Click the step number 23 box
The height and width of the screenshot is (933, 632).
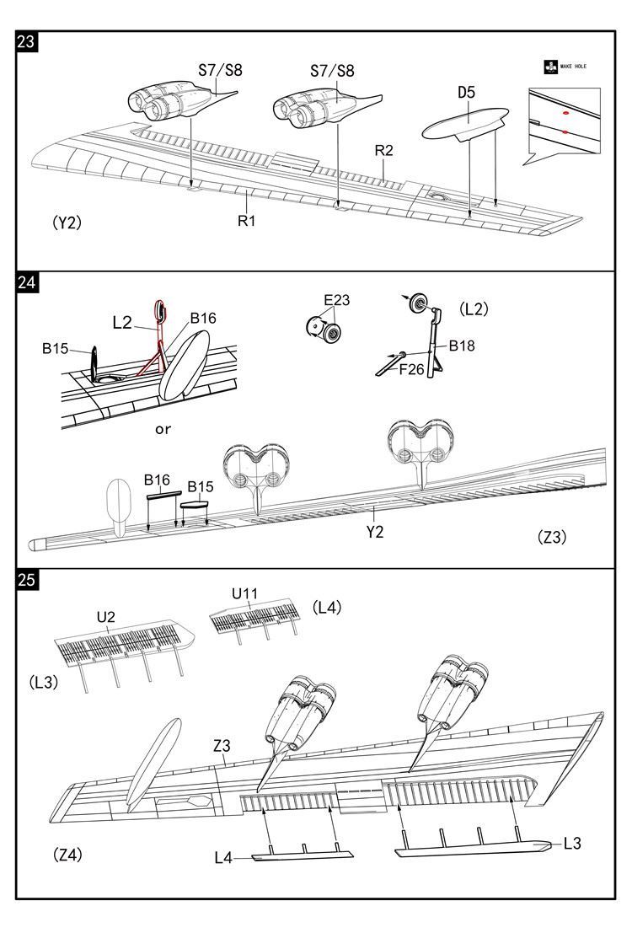pos(26,42)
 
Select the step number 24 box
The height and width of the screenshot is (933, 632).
pos(26,282)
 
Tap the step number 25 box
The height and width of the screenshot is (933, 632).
pos(26,580)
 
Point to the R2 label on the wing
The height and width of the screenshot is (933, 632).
pos(384,151)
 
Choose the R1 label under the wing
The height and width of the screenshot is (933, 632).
pos(246,221)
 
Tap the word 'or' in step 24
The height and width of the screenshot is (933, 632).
pos(163,429)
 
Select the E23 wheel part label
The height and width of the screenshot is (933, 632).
pos(336,300)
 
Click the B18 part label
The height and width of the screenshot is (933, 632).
pos(461,346)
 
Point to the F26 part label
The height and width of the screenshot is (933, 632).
pos(411,368)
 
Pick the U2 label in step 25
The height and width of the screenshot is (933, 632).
pos(105,616)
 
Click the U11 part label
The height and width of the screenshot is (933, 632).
pos(244,593)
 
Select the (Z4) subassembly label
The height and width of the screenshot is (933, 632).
pos(68,855)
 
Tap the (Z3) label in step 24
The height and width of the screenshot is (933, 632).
pos(551,537)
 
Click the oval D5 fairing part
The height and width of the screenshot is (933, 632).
pos(464,124)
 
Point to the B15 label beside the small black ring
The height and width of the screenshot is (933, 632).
pos(56,348)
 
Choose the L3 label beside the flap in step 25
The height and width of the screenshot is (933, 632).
pos(572,842)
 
